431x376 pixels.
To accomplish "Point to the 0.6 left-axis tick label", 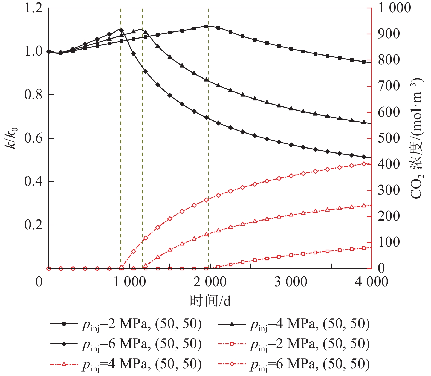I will click(33, 138).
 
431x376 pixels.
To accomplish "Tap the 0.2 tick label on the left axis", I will click(33, 225).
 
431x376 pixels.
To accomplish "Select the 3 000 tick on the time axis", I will click(291, 282).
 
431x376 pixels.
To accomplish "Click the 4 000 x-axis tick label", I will click(371, 282).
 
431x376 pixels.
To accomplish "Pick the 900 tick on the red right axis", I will click(389, 34).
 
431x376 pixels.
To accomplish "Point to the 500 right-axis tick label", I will click(389, 138).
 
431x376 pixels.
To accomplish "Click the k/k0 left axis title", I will click(11, 138).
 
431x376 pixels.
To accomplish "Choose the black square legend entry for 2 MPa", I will click(126, 324).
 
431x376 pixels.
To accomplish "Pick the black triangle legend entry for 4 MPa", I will click(294, 324).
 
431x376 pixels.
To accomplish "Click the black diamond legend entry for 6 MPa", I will click(126, 344).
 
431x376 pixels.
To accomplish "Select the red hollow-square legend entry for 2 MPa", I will click(294, 344).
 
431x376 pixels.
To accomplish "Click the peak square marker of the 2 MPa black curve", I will click(206, 26).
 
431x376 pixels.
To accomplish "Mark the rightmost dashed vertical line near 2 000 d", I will click(209, 137).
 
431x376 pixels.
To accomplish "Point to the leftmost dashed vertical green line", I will click(121, 137).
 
